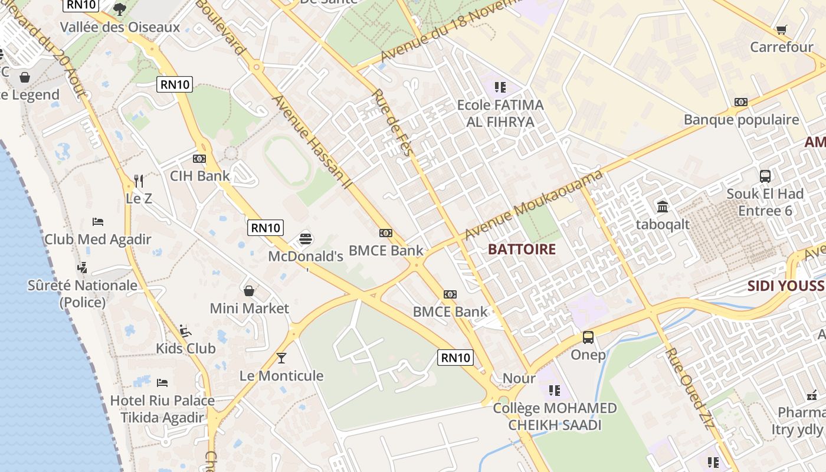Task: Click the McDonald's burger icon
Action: pyautogui.click(x=305, y=238)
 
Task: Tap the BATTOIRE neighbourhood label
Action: pyautogui.click(x=522, y=249)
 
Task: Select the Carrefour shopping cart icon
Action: pyautogui.click(x=782, y=29)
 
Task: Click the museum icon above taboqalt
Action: pyautogui.click(x=663, y=206)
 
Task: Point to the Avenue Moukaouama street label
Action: pyautogui.click(x=533, y=205)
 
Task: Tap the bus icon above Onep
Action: pyautogui.click(x=588, y=337)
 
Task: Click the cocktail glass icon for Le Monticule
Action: pyautogui.click(x=281, y=358)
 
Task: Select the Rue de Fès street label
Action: pyautogui.click(x=391, y=122)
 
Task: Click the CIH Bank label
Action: pyautogui.click(x=200, y=176)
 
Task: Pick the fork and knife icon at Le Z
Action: pyautogui.click(x=139, y=181)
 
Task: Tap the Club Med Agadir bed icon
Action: pyautogui.click(x=98, y=222)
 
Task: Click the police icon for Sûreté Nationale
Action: pyautogui.click(x=83, y=267)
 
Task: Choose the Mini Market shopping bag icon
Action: pyautogui.click(x=250, y=290)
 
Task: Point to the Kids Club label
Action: pyautogui.click(x=185, y=348)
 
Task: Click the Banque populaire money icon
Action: pyautogui.click(x=741, y=102)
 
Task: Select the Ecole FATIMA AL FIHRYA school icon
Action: pyautogui.click(x=500, y=87)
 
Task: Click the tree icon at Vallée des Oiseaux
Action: pyautogui.click(x=120, y=9)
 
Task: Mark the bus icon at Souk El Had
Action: pyautogui.click(x=765, y=176)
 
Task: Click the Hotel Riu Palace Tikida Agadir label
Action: pyautogui.click(x=162, y=409)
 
